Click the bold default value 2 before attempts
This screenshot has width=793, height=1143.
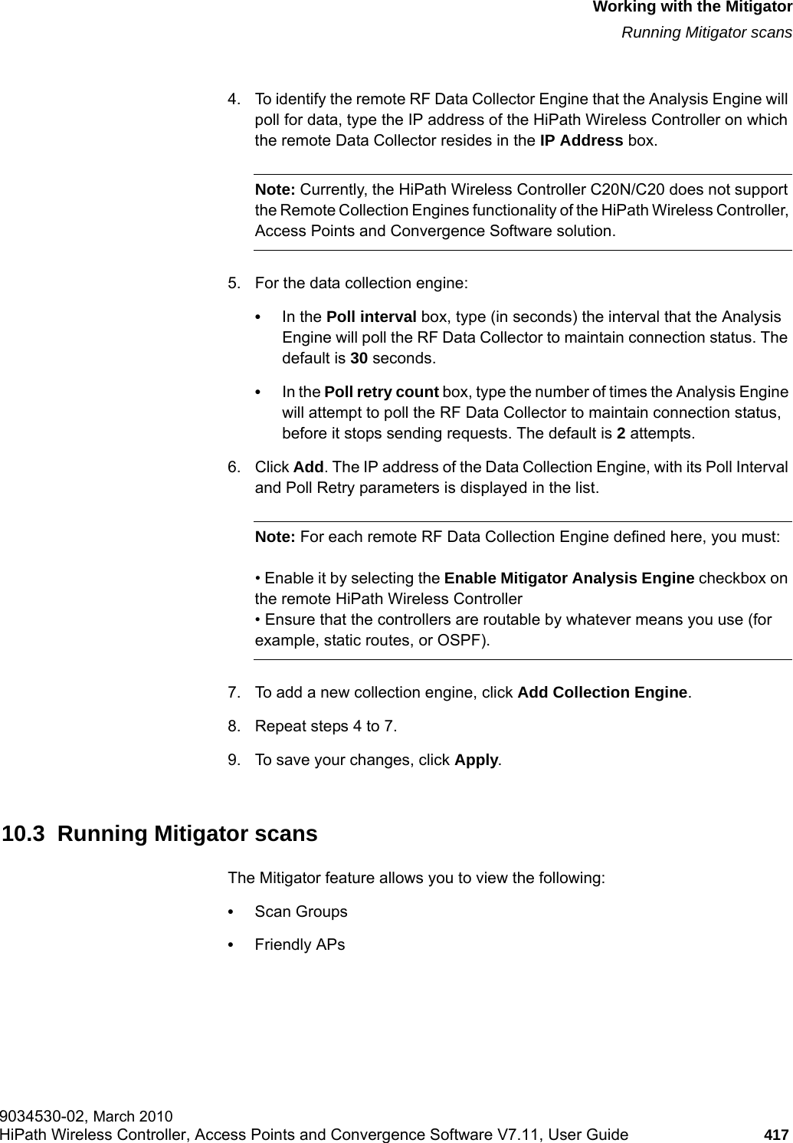point(621,433)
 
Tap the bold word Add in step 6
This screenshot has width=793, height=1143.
point(309,468)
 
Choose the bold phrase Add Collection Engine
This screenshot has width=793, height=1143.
point(603,692)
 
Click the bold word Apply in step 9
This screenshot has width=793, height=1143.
point(477,760)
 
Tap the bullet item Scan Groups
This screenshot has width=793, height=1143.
point(300,911)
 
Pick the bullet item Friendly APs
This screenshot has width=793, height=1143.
point(300,944)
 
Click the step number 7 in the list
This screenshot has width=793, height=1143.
point(231,693)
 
